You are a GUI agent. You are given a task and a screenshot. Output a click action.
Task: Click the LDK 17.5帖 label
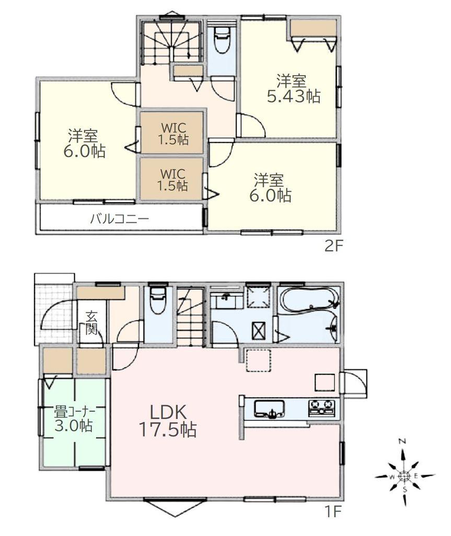[167, 421]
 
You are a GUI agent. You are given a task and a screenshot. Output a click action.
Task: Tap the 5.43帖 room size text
[294, 96]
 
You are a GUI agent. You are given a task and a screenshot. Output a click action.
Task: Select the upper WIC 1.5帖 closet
[172, 132]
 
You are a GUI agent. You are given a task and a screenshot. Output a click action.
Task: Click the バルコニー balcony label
[120, 218]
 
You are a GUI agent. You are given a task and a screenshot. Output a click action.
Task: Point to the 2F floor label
[333, 246]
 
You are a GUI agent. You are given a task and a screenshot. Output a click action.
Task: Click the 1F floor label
[333, 512]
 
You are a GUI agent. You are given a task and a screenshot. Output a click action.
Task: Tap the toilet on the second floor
[222, 40]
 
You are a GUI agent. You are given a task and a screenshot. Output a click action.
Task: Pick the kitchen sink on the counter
[269, 408]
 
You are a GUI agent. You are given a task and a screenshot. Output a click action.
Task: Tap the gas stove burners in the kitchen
[322, 408]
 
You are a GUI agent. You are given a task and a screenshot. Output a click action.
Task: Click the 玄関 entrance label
[91, 322]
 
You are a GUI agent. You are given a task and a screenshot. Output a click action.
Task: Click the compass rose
[404, 475]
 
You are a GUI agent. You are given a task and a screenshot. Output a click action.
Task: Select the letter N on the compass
[403, 441]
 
